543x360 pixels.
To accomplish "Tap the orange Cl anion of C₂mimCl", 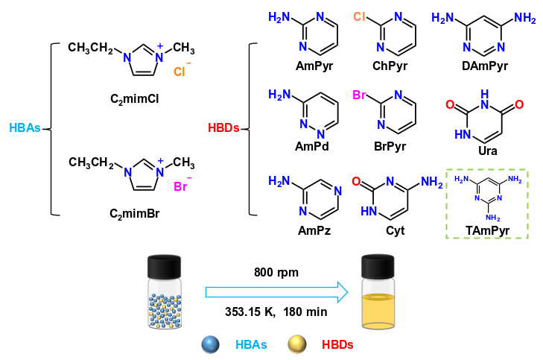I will [181, 72].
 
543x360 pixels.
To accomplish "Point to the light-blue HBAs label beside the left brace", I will [25, 128].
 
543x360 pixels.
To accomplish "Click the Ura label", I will [483, 149].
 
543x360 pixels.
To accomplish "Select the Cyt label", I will [396, 230].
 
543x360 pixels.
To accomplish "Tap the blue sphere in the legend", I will [210, 345].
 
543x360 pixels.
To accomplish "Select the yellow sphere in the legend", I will [298, 345].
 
